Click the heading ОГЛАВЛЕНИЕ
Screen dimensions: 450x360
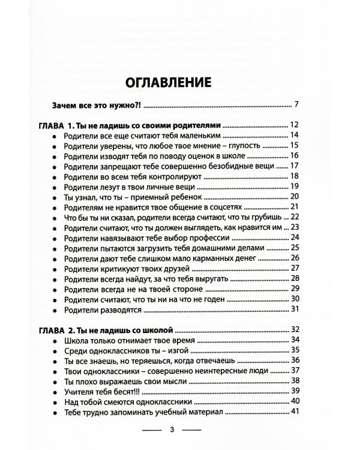point(168,82)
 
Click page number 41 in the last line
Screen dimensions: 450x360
point(294,411)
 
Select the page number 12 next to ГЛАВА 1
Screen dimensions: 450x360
point(294,125)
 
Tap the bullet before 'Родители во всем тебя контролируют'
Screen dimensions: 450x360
point(54,177)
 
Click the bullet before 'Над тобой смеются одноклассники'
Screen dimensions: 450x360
point(54,401)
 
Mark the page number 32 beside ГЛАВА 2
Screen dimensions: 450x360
point(294,329)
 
